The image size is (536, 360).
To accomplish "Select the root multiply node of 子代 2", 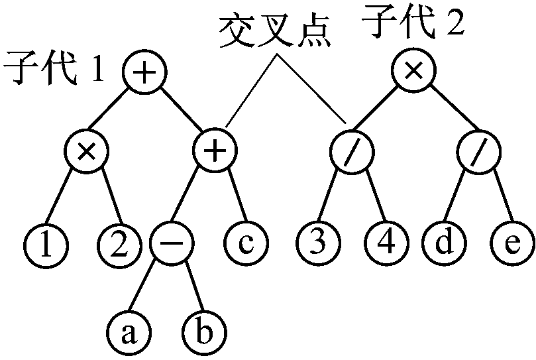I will click(411, 72).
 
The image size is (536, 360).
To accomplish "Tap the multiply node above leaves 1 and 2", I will click(85, 152).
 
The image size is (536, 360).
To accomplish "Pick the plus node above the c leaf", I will click(213, 152).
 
